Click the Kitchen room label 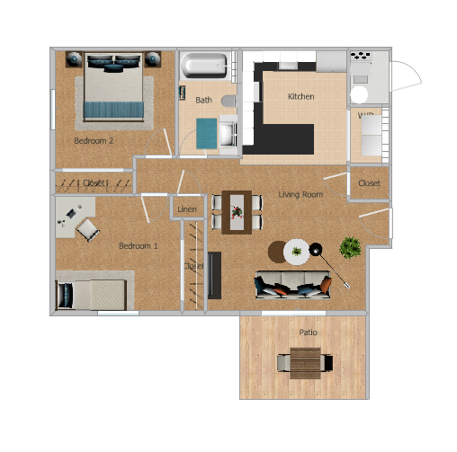click(x=300, y=96)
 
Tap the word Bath click(x=203, y=100)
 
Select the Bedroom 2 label click(x=94, y=141)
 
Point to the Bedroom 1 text click(x=139, y=245)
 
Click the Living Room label click(x=300, y=194)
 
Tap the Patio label click(x=308, y=332)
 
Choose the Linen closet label click(x=187, y=209)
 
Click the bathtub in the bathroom click(x=206, y=66)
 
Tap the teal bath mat click(x=207, y=132)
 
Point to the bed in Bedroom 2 click(x=113, y=87)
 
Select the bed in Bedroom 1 click(x=91, y=293)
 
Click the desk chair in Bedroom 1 click(x=88, y=230)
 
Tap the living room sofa click(x=292, y=286)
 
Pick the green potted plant click(x=351, y=245)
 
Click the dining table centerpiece click(x=237, y=212)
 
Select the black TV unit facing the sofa click(x=215, y=274)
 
